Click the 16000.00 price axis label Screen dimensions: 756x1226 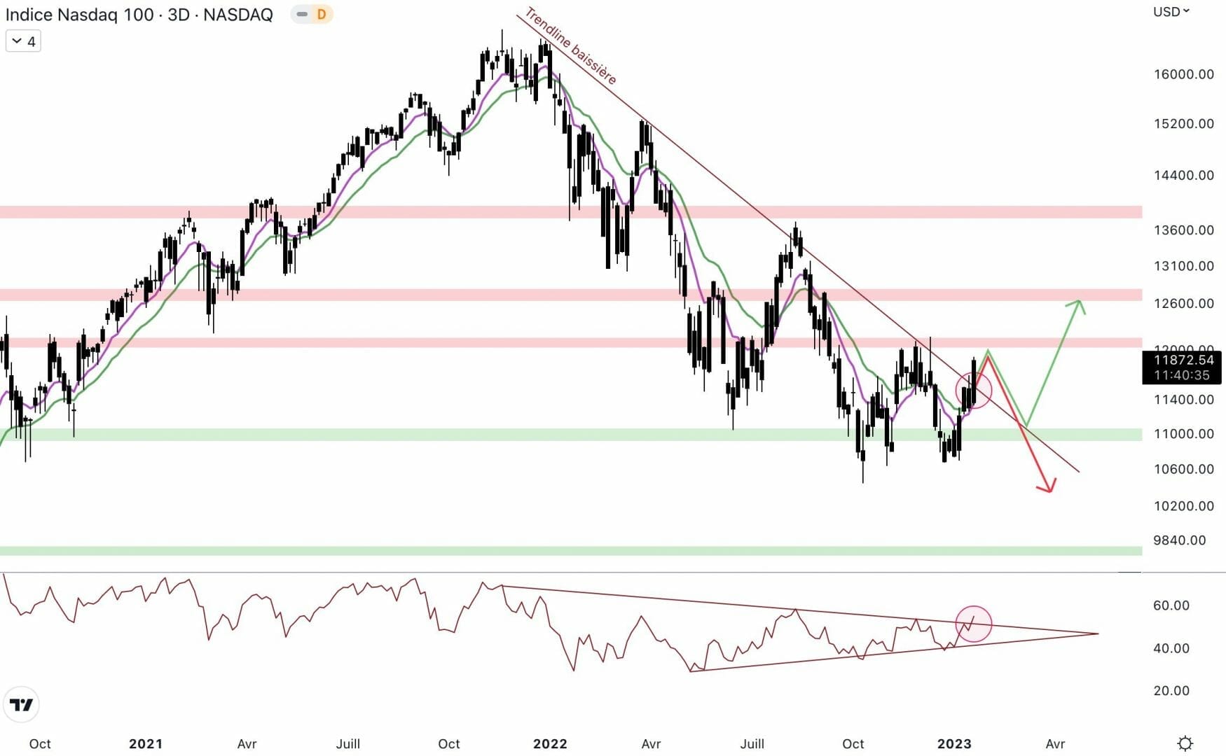(x=1183, y=74)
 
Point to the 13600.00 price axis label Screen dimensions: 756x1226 (x=1183, y=230)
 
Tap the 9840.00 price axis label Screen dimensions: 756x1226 (x=1179, y=540)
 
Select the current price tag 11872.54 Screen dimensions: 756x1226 (x=1183, y=360)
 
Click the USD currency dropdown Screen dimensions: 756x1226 (x=1171, y=12)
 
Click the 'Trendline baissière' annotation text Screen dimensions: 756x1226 (x=570, y=45)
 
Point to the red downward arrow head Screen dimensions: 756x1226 (x=1047, y=486)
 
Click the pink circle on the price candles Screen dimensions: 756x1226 (x=973, y=391)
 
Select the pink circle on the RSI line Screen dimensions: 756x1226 (x=973, y=623)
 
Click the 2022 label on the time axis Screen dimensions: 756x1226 (x=550, y=743)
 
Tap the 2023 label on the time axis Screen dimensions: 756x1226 (x=954, y=743)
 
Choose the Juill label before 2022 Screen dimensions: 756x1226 (x=348, y=743)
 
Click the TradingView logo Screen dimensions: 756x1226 (x=21, y=704)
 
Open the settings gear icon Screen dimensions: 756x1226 (x=1185, y=743)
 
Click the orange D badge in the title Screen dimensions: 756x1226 (x=321, y=14)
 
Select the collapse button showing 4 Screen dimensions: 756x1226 (x=23, y=41)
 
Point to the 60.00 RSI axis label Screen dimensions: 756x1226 (x=1171, y=605)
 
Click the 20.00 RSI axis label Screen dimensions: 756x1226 (x=1171, y=691)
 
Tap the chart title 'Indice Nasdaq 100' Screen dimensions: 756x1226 (x=79, y=15)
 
